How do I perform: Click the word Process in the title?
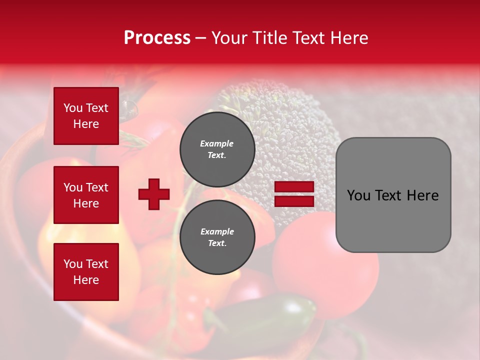pos(157,38)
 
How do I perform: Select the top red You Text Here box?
pos(86,116)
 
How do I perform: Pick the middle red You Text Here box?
pos(86,195)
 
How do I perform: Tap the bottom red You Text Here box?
pos(86,271)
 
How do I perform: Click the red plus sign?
pos(154,194)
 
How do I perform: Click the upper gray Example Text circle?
pos(217,149)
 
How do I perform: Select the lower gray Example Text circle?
pos(217,237)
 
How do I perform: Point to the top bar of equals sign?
pos(294,187)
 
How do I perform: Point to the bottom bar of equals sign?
pos(294,201)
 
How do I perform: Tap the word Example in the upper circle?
pos(217,144)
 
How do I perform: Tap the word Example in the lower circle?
pos(217,232)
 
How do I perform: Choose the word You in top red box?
pos(72,108)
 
